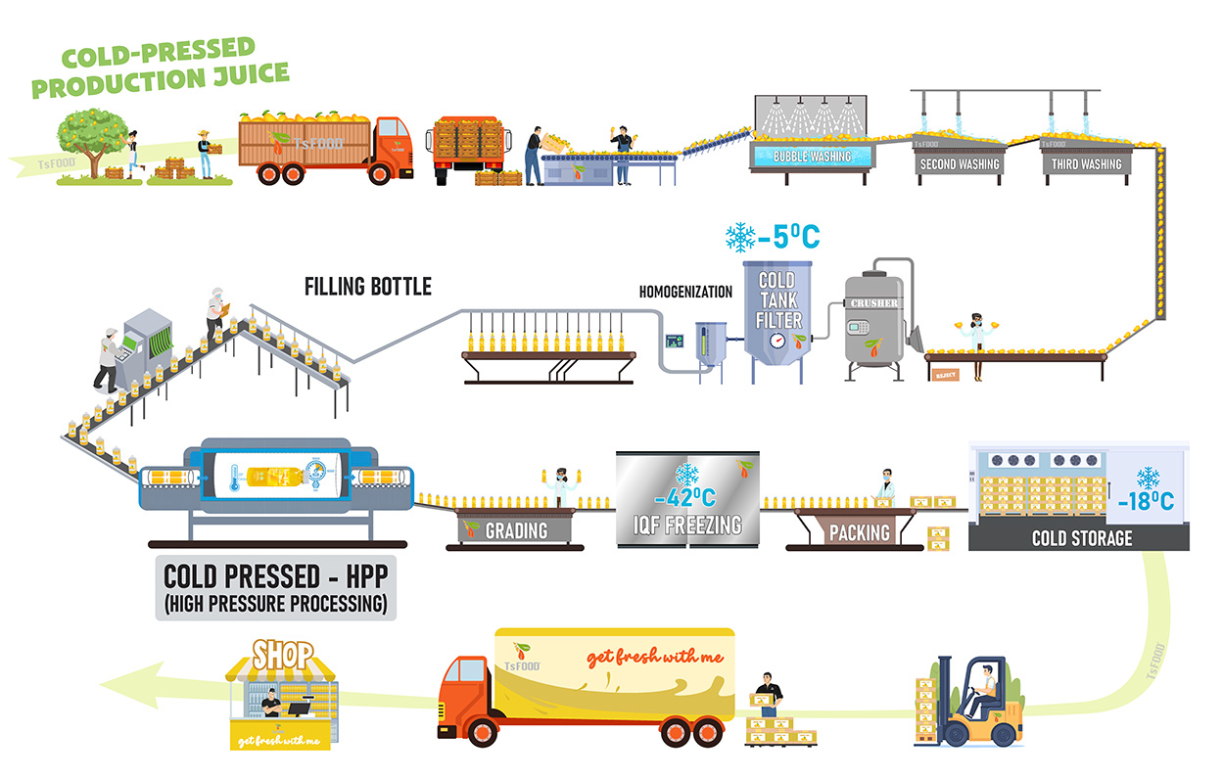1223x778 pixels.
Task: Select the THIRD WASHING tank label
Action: (x=1086, y=164)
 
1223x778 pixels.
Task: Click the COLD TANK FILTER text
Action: (x=779, y=298)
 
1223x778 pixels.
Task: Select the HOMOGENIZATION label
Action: (x=685, y=292)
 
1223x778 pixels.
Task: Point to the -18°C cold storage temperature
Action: (x=1146, y=503)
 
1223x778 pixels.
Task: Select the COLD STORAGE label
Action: (x=1081, y=538)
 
